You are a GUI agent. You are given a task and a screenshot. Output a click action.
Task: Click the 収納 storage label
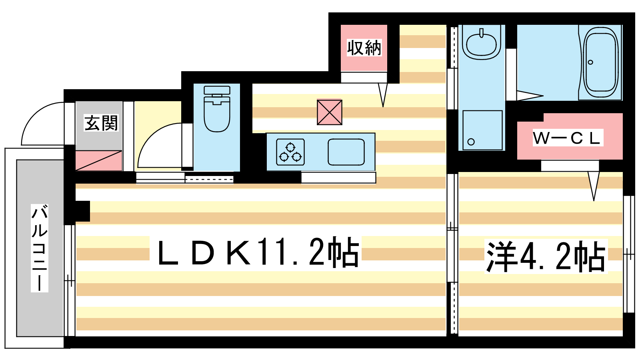(x=364, y=48)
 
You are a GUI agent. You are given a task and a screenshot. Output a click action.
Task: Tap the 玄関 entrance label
(x=101, y=123)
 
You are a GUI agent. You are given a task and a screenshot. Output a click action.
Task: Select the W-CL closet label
(x=568, y=138)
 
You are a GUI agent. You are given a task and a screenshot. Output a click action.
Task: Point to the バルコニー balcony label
(x=40, y=248)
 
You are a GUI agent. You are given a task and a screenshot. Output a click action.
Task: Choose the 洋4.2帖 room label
(x=546, y=256)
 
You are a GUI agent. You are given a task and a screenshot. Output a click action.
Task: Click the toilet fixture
(x=217, y=109)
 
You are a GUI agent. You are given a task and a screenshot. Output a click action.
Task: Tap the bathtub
(x=600, y=62)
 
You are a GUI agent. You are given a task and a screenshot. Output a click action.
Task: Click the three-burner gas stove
(x=290, y=152)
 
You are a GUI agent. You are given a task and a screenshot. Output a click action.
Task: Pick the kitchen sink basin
(x=346, y=152)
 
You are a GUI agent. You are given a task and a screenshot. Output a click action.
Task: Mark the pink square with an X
(x=330, y=112)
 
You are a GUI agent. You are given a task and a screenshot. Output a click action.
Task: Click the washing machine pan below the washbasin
(x=482, y=130)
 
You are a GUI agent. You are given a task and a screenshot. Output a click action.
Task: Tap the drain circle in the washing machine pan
(x=471, y=142)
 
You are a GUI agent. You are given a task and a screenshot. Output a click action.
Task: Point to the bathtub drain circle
(x=590, y=62)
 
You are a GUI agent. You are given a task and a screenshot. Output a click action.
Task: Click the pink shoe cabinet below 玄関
(x=98, y=161)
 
